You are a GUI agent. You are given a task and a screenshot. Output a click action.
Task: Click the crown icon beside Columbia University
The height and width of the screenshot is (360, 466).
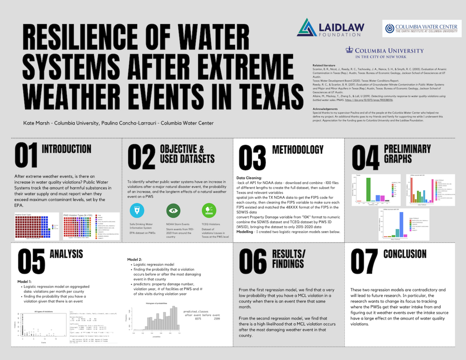click(x=349, y=50)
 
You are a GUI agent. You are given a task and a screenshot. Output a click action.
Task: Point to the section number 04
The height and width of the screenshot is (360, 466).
click(x=365, y=158)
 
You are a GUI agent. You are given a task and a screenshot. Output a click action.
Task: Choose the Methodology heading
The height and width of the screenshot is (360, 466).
click(x=298, y=150)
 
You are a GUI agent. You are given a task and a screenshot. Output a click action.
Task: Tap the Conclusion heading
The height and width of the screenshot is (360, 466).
click(x=405, y=254)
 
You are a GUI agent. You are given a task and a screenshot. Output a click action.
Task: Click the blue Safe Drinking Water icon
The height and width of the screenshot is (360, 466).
click(x=137, y=210)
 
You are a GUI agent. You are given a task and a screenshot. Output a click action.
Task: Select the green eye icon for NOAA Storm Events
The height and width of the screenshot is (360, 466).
click(x=173, y=210)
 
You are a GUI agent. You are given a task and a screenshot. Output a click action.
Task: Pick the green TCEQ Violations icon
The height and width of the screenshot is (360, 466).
click(x=209, y=210)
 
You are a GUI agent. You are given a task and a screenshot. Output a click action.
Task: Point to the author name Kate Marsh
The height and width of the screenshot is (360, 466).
click(x=36, y=123)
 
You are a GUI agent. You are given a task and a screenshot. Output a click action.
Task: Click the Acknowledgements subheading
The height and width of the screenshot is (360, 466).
click(x=325, y=109)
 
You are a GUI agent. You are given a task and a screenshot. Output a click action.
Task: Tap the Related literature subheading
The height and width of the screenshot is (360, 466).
click(x=324, y=66)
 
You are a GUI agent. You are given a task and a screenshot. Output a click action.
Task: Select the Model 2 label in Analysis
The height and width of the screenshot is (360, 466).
click(x=135, y=259)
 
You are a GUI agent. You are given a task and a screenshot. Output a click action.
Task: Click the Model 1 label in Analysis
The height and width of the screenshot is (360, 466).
click(x=24, y=281)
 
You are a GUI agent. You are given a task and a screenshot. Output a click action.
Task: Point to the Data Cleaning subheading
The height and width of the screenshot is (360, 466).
click(x=249, y=178)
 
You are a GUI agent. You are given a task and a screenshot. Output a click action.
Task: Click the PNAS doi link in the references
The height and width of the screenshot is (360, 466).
click(x=369, y=100)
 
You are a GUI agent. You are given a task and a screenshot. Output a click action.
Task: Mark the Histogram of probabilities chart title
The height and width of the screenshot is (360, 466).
click(x=156, y=303)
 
